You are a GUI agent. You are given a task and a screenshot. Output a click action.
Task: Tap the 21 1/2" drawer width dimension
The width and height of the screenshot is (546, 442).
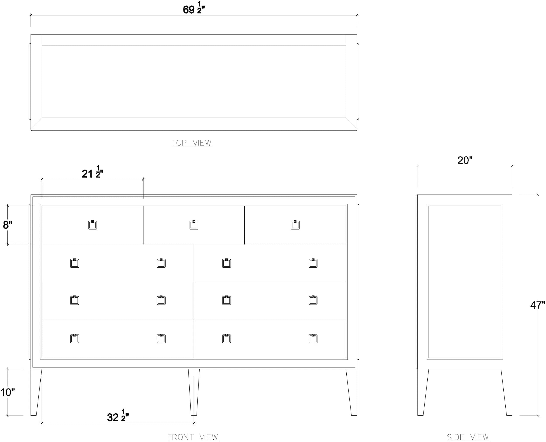point(93,172)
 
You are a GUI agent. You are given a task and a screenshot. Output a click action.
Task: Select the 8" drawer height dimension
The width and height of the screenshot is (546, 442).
point(8,225)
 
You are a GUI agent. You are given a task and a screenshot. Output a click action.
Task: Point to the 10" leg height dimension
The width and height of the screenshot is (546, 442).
point(7,392)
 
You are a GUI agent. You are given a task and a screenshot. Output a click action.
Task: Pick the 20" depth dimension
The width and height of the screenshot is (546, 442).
point(465,160)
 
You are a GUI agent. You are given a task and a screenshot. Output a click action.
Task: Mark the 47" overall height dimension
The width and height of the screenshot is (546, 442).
point(538,305)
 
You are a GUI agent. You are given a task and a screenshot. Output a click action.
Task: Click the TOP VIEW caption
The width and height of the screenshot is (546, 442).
point(192,143)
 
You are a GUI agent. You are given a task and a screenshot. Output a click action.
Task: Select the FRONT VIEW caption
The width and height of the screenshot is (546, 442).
point(193,437)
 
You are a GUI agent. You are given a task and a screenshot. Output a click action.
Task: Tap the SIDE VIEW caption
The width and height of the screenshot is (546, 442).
point(468,437)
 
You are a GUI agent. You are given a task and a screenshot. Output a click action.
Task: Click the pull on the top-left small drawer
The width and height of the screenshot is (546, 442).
point(92,225)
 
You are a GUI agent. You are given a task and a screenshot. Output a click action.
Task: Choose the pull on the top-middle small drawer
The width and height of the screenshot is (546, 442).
point(194,225)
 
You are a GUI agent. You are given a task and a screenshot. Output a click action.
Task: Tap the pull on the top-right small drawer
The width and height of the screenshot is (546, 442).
point(295,225)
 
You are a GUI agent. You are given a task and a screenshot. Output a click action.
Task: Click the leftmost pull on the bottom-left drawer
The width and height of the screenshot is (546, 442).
point(74,338)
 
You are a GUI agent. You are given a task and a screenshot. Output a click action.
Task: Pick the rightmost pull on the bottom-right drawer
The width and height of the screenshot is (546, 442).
point(313,338)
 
